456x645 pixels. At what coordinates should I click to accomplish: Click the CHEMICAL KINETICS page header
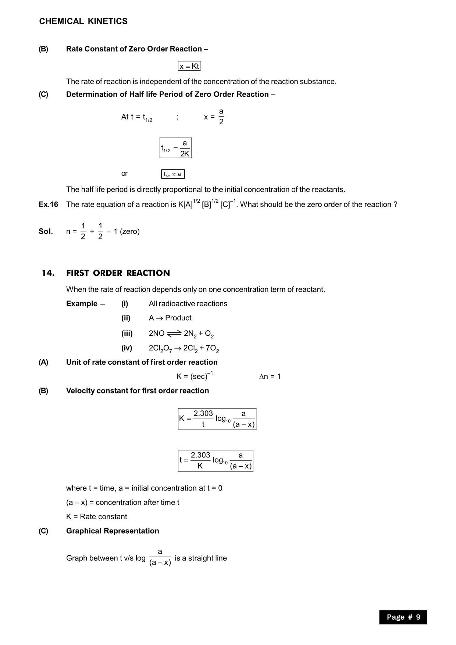[x=83, y=21]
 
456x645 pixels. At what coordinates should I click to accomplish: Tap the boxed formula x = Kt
[x=189, y=66]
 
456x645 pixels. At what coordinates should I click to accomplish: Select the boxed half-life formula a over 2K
[x=175, y=148]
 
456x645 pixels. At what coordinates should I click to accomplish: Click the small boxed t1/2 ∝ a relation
[x=173, y=174]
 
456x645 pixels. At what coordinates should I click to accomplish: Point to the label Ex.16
[x=48, y=204]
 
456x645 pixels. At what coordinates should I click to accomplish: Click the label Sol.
[x=46, y=231]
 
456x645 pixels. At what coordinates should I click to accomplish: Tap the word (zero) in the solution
[x=130, y=231]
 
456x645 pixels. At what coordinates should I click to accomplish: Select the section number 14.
[x=48, y=273]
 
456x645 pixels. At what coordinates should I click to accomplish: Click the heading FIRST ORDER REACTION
[x=118, y=273]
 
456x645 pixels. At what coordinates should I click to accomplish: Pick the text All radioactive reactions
[x=188, y=304]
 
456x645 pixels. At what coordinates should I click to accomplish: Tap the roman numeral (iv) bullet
[x=127, y=348]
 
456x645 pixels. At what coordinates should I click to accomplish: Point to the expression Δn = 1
[x=270, y=376]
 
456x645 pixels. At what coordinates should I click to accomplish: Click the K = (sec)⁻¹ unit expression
[x=195, y=376]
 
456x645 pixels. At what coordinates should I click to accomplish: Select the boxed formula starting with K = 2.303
[x=217, y=419]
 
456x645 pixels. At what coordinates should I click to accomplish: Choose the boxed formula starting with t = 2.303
[x=215, y=460]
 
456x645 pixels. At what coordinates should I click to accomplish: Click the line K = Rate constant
[x=96, y=517]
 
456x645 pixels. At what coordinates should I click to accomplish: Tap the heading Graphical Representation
[x=113, y=531]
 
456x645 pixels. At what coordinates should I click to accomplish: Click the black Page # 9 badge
[x=403, y=617]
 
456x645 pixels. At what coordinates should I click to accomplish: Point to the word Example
[x=82, y=304]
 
